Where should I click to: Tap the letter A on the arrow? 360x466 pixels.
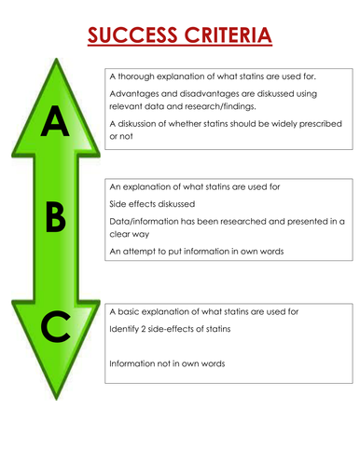[x=55, y=121]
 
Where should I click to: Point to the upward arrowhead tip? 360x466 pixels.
[x=56, y=61]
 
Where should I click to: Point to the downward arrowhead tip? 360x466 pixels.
[x=56, y=407]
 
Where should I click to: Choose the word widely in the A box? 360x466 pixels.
[x=273, y=124]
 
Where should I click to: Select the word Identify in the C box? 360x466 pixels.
[x=126, y=329]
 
